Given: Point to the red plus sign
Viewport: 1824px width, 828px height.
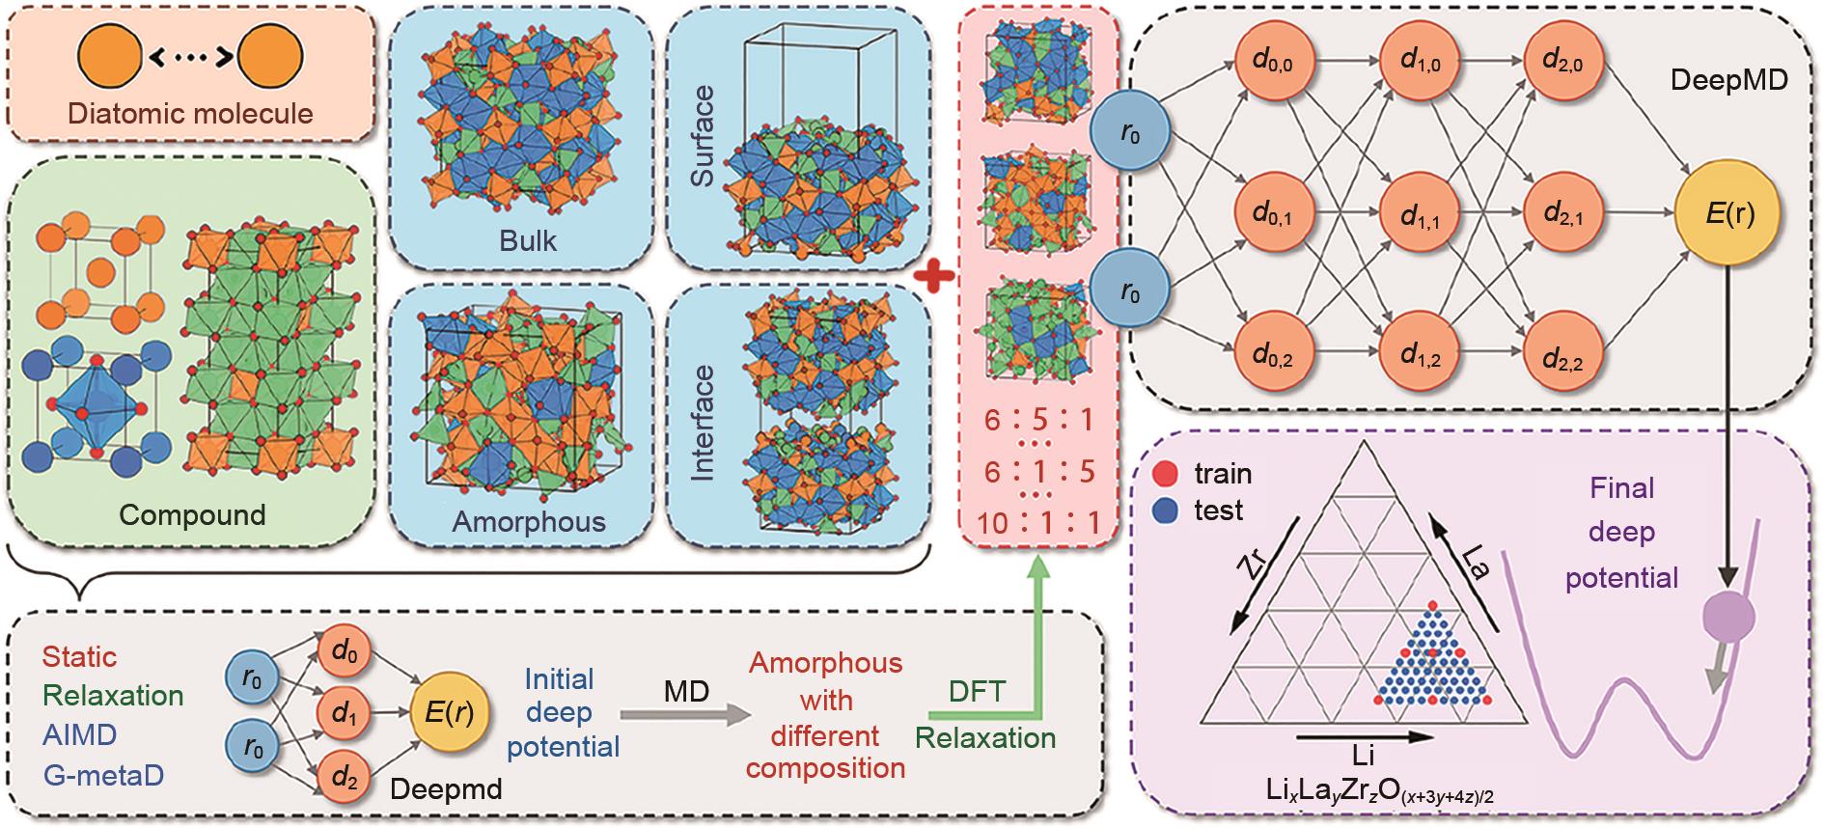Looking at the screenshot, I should (x=934, y=277).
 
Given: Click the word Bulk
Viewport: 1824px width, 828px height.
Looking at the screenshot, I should (x=528, y=240).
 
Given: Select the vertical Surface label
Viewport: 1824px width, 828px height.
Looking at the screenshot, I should (x=703, y=136).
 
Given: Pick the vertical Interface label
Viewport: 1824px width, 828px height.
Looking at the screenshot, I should (x=703, y=422).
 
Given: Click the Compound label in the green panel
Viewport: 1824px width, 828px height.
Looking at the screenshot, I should (x=192, y=514).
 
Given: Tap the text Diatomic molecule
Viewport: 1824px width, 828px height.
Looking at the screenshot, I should (x=191, y=114).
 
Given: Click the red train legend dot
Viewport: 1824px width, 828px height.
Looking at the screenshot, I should (x=1166, y=475).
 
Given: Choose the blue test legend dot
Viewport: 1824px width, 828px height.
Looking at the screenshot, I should (x=1166, y=510).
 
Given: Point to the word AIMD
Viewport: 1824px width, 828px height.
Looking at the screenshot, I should (x=80, y=735).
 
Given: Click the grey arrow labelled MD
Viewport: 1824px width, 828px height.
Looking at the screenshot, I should (x=686, y=714).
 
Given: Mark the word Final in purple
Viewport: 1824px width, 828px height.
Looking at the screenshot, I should (x=1622, y=488).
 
